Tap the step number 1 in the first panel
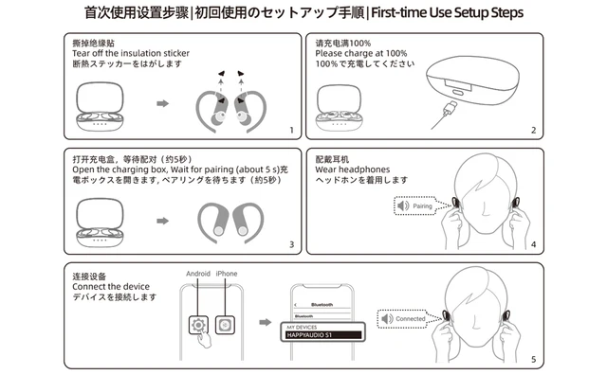pyautogui.click(x=291, y=130)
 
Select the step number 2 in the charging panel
pyautogui.click(x=533, y=130)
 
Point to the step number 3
pyautogui.click(x=291, y=245)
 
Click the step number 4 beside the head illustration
pyautogui.click(x=533, y=245)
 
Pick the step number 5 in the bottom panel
pyautogui.click(x=533, y=360)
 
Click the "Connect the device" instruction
pyautogui.click(x=110, y=286)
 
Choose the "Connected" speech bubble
pyautogui.click(x=403, y=319)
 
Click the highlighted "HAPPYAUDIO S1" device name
pyautogui.click(x=325, y=334)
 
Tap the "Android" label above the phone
pyautogui.click(x=198, y=274)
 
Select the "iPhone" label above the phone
pyautogui.click(x=228, y=274)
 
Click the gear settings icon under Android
pyautogui.click(x=198, y=324)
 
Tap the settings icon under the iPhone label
pyautogui.click(x=225, y=324)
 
